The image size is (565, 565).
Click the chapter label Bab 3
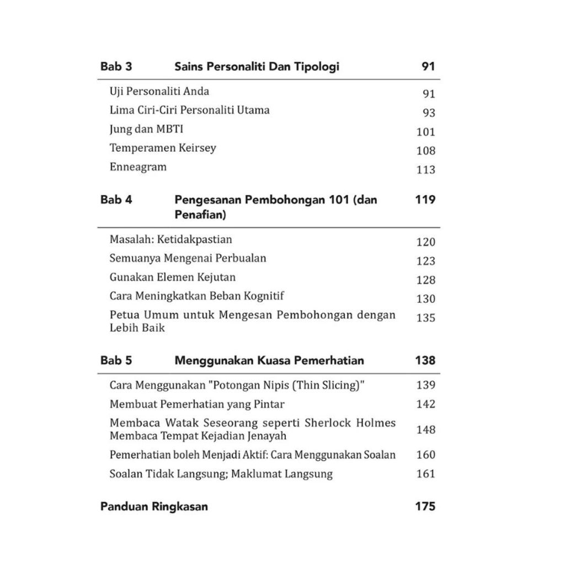click(116, 67)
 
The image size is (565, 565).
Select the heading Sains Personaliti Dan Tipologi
click(257, 67)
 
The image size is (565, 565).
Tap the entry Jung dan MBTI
click(146, 129)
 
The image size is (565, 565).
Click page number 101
click(425, 132)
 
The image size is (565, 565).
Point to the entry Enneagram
click(138, 167)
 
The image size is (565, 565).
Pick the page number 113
click(425, 170)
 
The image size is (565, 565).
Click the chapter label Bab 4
click(116, 200)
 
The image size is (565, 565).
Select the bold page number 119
click(425, 200)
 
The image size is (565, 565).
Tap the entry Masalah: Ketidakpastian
click(170, 239)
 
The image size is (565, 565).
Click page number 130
click(425, 299)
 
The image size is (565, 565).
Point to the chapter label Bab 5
click(116, 361)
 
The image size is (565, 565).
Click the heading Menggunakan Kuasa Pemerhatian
click(269, 361)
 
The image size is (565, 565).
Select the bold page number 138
click(425, 361)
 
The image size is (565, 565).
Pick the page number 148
click(425, 429)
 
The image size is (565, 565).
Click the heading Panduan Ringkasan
click(154, 507)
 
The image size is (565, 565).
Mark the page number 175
click(425, 507)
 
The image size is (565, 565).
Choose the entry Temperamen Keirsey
click(163, 148)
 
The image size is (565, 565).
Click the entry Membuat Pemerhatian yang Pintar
click(197, 404)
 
